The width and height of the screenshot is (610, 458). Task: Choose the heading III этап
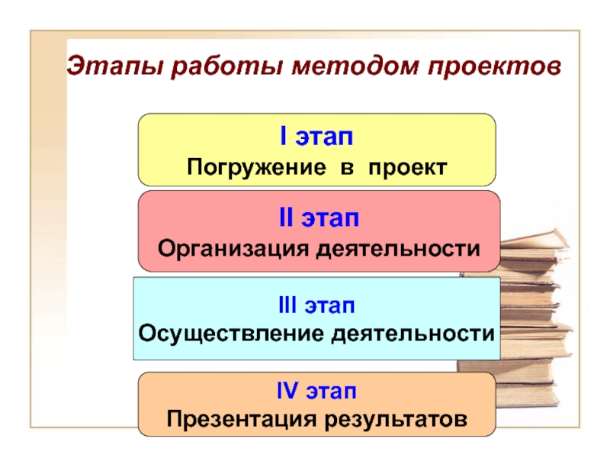316,306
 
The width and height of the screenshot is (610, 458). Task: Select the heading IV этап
316,392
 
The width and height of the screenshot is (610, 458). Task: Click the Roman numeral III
287,306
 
